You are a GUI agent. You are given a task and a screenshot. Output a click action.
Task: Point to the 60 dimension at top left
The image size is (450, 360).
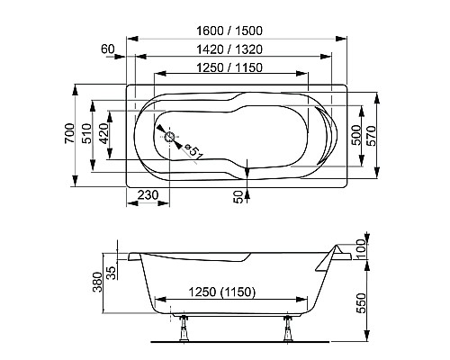point(110,47)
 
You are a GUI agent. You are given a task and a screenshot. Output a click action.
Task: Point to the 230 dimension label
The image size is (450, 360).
point(148,193)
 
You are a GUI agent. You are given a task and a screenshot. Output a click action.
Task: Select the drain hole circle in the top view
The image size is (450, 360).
point(168,138)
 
